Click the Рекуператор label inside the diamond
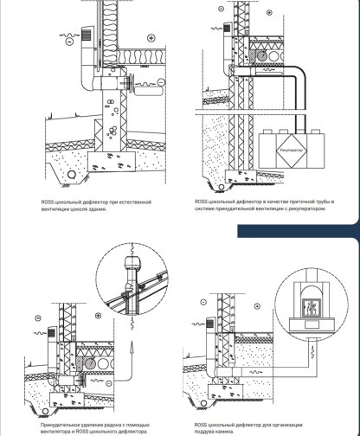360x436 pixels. (x=292, y=151)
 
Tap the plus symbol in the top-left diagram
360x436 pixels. (x=151, y=38)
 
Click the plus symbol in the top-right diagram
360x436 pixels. (x=269, y=12)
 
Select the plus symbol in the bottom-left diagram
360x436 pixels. (x=98, y=316)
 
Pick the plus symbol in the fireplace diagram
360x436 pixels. (x=257, y=306)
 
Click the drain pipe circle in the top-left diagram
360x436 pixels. (x=71, y=174)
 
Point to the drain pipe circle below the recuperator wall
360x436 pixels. (x=222, y=187)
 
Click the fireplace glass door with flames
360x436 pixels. (x=311, y=309)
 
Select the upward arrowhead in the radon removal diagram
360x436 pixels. (x=132, y=345)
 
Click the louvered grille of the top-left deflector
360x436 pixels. (x=87, y=35)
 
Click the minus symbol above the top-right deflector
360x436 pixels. (x=222, y=9)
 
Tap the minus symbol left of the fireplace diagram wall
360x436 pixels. (x=203, y=302)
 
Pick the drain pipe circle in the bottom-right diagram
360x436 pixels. (x=203, y=403)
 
